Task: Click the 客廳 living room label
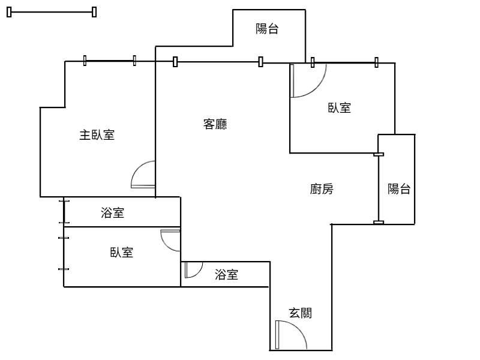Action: coord(215,125)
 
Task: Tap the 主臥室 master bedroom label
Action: coord(97,135)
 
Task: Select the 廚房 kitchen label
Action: coord(322,190)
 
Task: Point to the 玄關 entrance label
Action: coord(300,313)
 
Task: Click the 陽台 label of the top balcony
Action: coord(267,29)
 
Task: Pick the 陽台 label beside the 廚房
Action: coord(399,190)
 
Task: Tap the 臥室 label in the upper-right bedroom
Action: coord(339,108)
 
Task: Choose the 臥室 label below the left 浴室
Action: coord(121,253)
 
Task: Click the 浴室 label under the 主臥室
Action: coord(113,212)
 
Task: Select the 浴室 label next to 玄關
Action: coord(227,275)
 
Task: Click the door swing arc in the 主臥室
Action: coord(143,175)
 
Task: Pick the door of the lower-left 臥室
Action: coord(171,240)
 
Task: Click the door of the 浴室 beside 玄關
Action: coord(193,269)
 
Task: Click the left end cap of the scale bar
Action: coord(9,12)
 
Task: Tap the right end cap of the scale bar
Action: coord(94,12)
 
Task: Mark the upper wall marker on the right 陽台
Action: coord(379,154)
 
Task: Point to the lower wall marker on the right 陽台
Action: coord(379,223)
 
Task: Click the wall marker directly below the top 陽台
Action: coord(260,61)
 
